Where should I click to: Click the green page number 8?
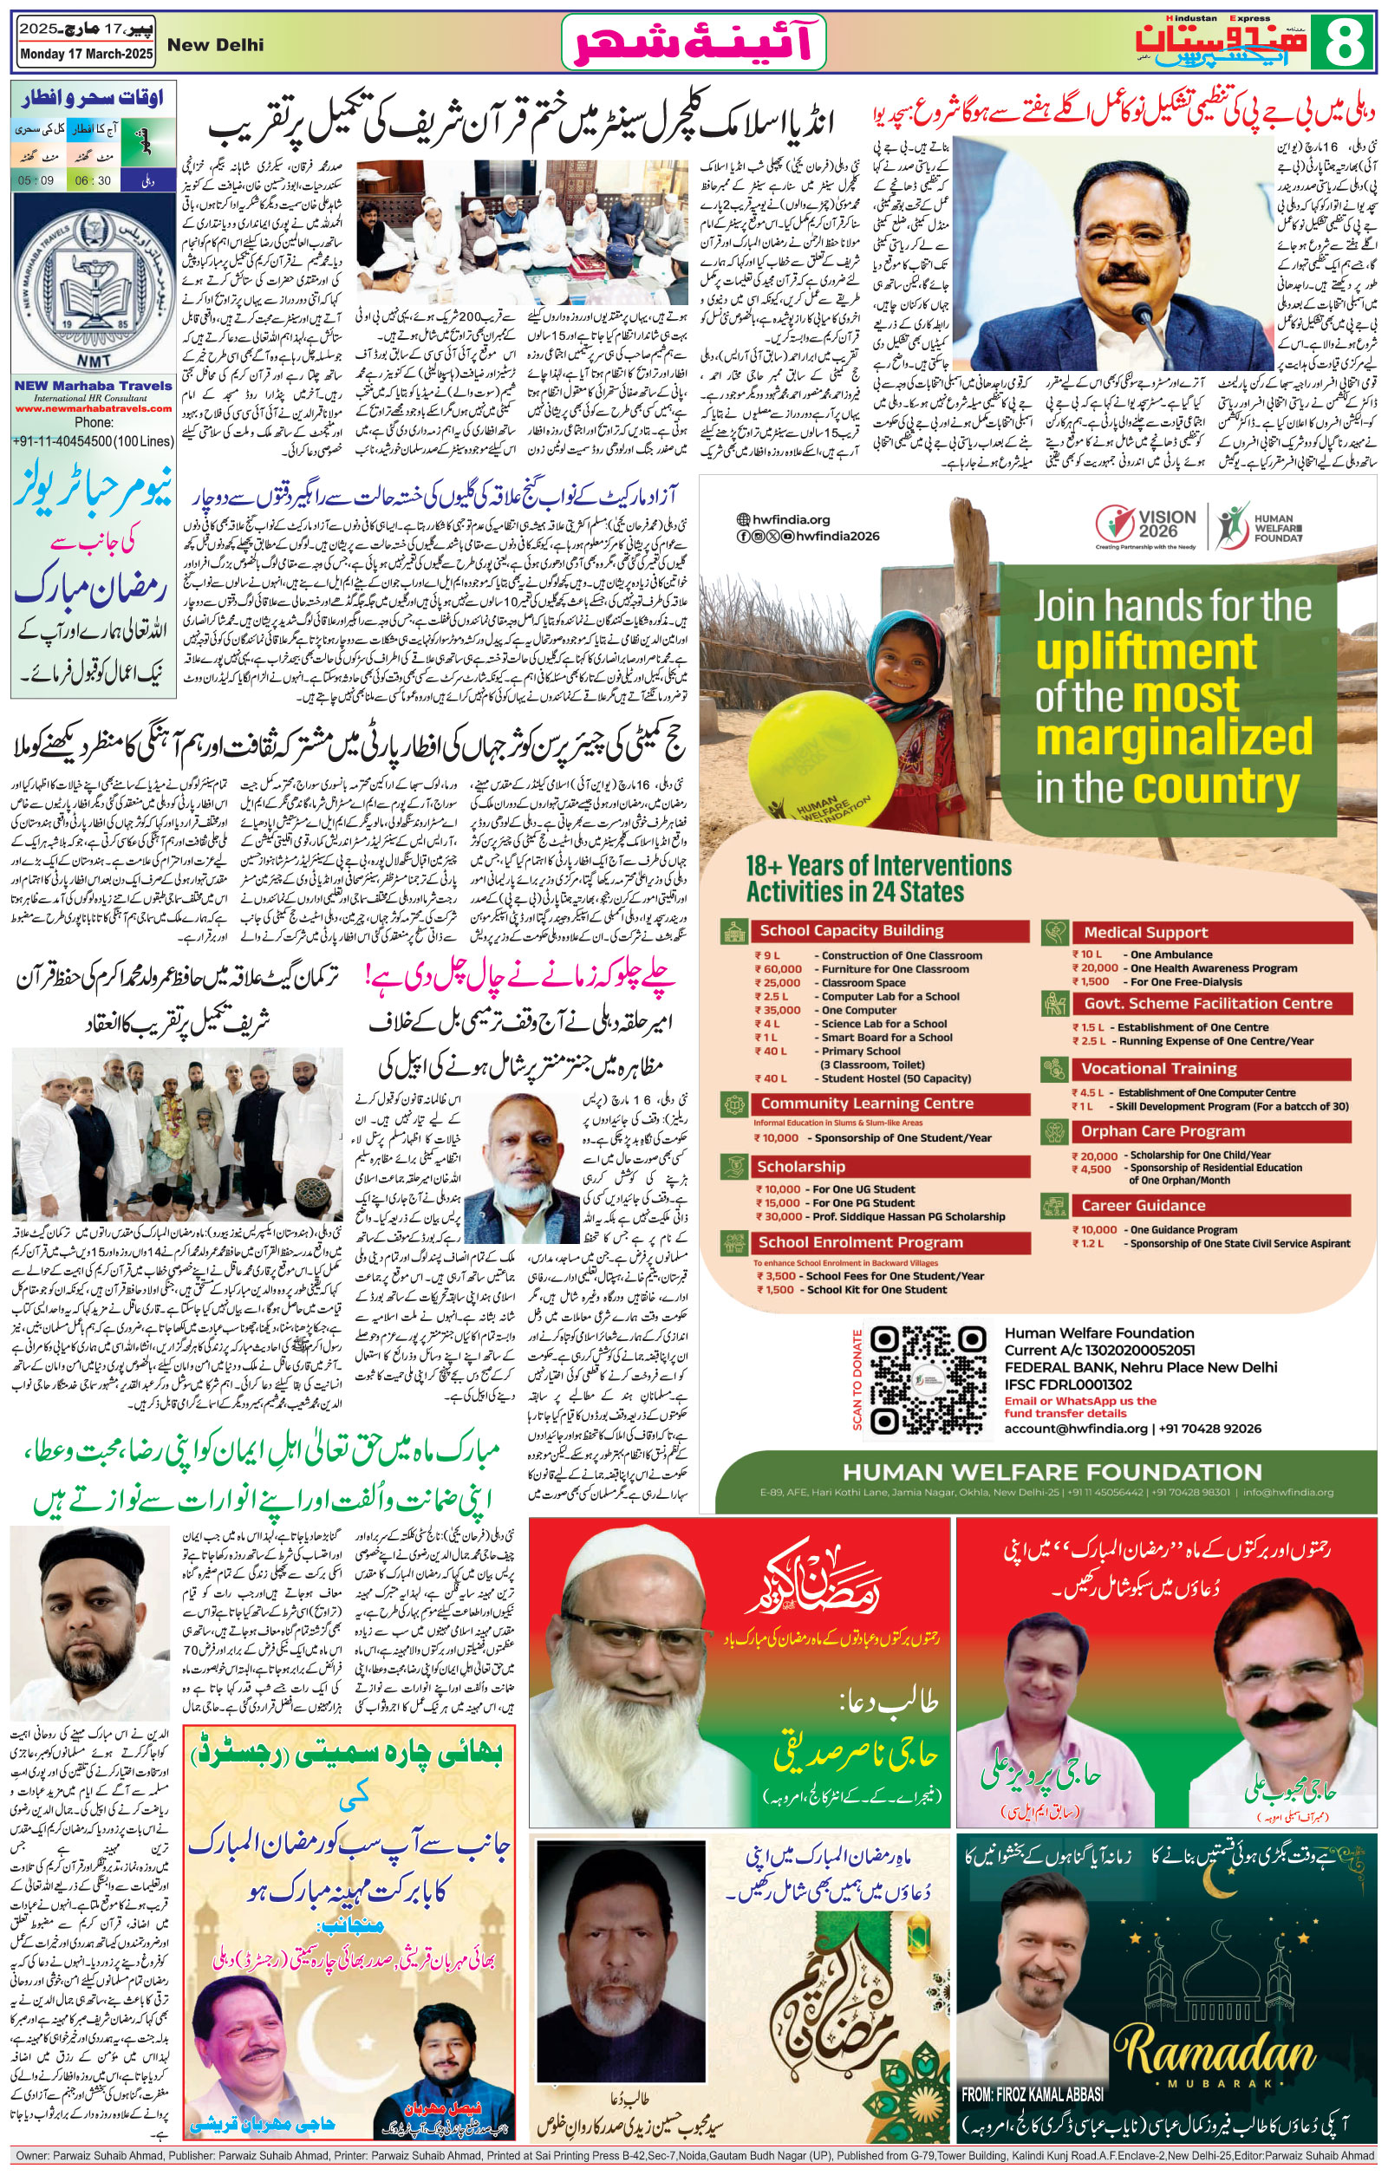click(x=1346, y=42)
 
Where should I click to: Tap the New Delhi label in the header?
click(x=215, y=44)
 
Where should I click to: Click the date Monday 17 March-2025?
click(x=87, y=55)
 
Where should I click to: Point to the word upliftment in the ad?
click(x=1145, y=652)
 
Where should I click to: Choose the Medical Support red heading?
click(x=1145, y=932)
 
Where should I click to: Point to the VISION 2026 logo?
click(x=1146, y=524)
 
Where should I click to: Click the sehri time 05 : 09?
click(x=36, y=180)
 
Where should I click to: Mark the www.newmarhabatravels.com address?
click(x=93, y=408)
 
